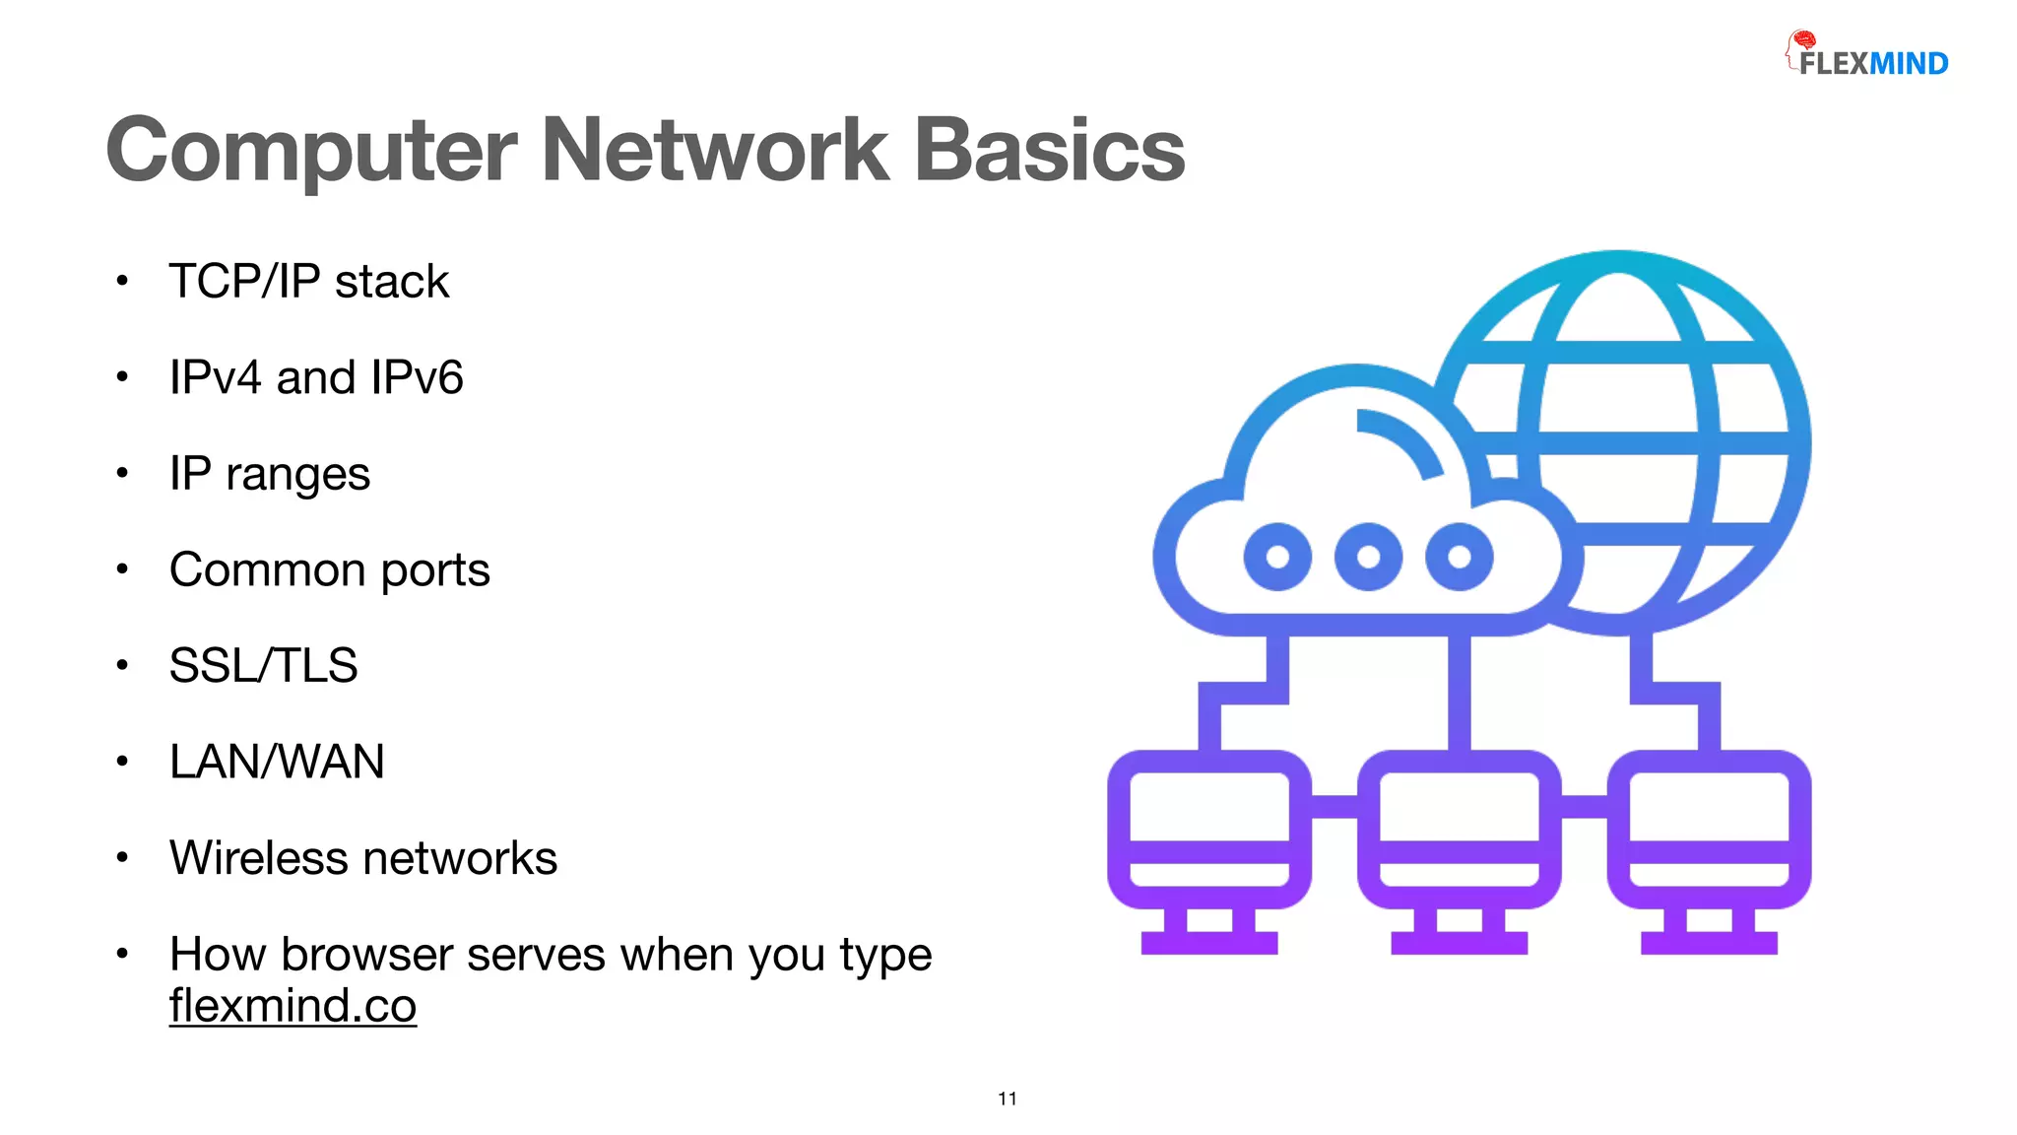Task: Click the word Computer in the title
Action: click(x=311, y=151)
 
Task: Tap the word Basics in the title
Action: click(x=1050, y=151)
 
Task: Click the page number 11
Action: click(x=1008, y=1099)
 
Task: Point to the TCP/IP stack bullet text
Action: click(x=308, y=282)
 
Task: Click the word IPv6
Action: click(x=417, y=378)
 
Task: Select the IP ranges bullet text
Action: click(x=269, y=474)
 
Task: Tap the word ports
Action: click(x=434, y=570)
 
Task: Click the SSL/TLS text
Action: click(x=263, y=666)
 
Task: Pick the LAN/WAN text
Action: click(x=277, y=762)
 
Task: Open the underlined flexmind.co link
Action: click(x=293, y=1006)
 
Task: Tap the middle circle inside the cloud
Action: click(x=1368, y=557)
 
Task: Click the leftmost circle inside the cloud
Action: click(x=1277, y=557)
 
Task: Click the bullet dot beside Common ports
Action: click(x=122, y=569)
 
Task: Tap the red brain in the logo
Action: click(x=1804, y=40)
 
